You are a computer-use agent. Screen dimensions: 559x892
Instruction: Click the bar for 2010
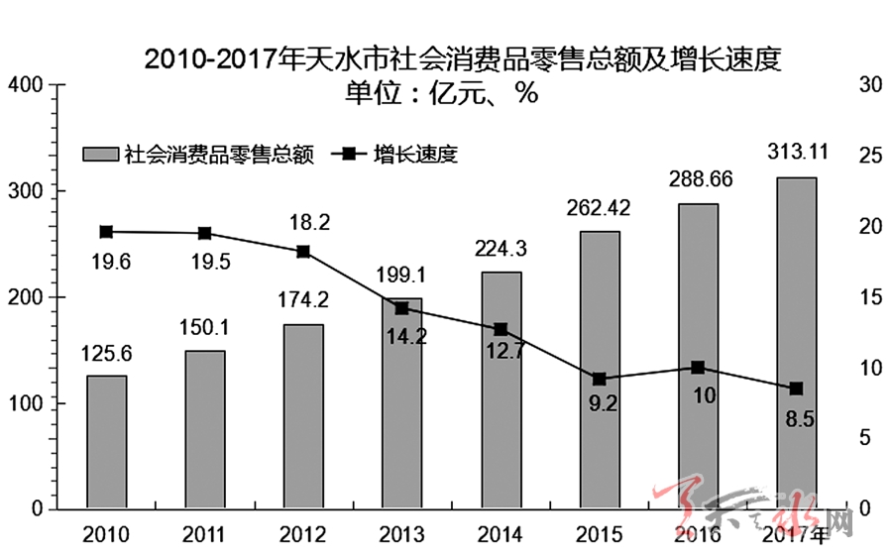(x=106, y=442)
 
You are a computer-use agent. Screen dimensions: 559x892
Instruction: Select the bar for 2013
(x=402, y=403)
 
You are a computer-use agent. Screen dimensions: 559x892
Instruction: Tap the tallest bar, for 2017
(x=797, y=343)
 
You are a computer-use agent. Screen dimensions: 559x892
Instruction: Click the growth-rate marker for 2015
(x=600, y=379)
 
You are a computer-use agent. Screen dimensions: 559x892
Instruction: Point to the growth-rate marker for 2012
(x=304, y=252)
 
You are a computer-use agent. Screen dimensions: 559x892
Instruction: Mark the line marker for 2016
(x=698, y=367)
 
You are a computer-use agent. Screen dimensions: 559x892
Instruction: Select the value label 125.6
(x=106, y=353)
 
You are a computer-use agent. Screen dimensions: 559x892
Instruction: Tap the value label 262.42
(x=600, y=209)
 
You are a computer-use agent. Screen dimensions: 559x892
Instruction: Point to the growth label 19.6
(x=106, y=262)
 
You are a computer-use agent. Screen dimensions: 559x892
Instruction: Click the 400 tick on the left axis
(x=27, y=85)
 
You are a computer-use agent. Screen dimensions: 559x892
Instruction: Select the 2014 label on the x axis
(x=501, y=536)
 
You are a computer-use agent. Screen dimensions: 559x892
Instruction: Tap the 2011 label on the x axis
(x=205, y=536)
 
